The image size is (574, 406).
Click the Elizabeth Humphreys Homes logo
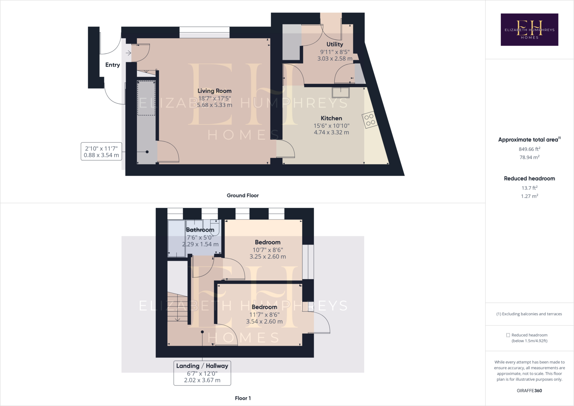tap(529, 29)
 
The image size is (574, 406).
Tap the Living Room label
tap(214, 91)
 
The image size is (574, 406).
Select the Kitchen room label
tap(331, 118)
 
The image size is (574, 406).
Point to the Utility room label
tap(335, 44)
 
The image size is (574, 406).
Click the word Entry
tap(112, 65)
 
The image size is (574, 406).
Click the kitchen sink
tap(341, 93)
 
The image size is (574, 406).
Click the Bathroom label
tap(200, 230)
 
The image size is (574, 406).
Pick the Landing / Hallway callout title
tap(202, 366)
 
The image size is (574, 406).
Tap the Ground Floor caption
tap(243, 195)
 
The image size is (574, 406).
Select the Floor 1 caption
tap(243, 398)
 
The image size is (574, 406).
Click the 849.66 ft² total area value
tap(529, 149)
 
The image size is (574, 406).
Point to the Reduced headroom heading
tap(529, 179)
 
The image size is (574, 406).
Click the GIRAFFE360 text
tap(529, 391)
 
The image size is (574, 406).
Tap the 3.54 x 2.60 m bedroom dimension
tap(264, 322)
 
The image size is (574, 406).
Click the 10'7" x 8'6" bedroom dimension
tap(268, 250)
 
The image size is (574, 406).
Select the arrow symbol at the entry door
tap(128, 53)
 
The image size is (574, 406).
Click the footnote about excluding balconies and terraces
tap(529, 314)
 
